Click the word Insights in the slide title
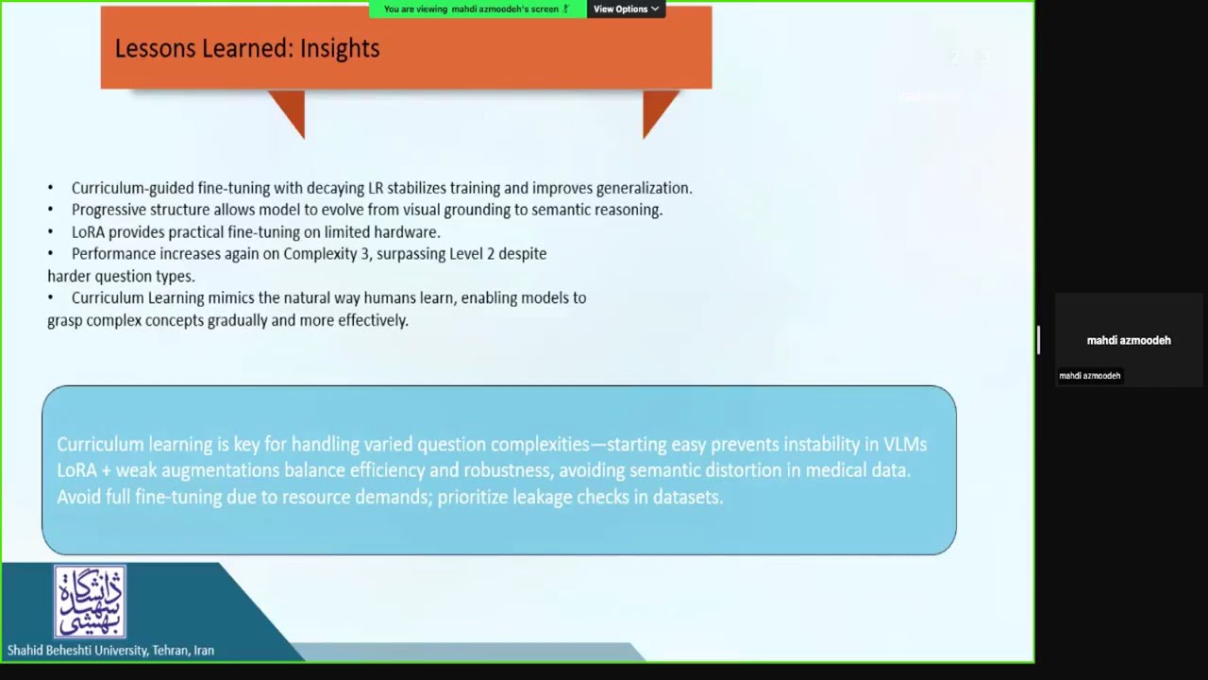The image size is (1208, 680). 339,49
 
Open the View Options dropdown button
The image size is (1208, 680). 626,9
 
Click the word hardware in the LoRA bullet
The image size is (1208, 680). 410,232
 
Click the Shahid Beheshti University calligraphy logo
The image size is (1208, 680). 90,602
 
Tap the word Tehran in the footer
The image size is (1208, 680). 170,651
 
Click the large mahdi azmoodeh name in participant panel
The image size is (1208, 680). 1128,340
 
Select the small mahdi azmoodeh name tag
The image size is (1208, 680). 1089,376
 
